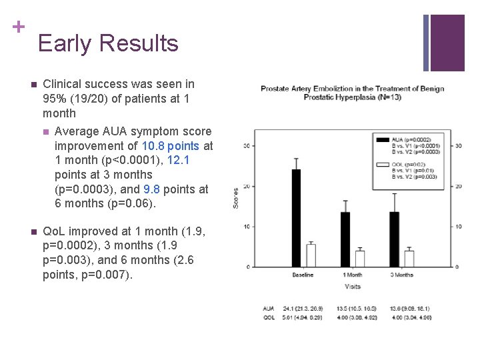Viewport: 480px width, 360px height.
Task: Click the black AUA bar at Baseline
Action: [x=296, y=218]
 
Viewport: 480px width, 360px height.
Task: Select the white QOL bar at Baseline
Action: [x=311, y=255]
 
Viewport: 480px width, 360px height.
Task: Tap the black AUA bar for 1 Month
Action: [x=345, y=239]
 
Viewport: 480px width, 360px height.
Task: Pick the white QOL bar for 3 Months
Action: [x=409, y=259]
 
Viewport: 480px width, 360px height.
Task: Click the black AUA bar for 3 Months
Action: [x=394, y=239]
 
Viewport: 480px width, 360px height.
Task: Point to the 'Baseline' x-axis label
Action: [x=303, y=275]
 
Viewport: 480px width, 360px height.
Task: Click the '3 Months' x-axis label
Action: [x=401, y=275]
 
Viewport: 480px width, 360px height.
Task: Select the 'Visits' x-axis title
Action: [x=353, y=287]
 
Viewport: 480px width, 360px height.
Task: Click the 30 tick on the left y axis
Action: [x=247, y=145]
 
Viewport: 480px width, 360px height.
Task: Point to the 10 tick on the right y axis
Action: [x=458, y=227]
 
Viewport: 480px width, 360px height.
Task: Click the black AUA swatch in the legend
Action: [x=383, y=139]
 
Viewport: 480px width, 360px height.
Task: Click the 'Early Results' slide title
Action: [x=108, y=43]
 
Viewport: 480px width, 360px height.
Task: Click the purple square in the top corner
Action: [x=447, y=43]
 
